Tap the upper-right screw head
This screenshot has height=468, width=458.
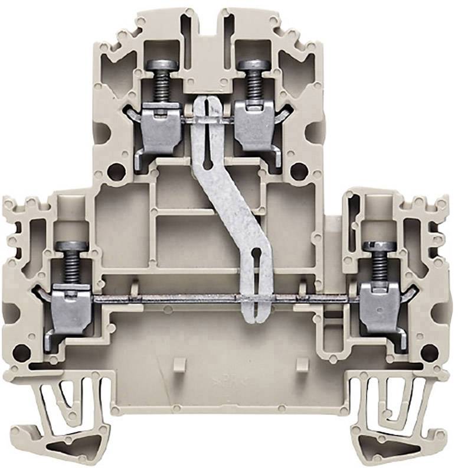(x=254, y=65)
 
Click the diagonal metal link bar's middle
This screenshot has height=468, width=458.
(x=227, y=201)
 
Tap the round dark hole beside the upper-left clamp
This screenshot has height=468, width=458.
(x=117, y=172)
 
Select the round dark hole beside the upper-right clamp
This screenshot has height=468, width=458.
(x=299, y=172)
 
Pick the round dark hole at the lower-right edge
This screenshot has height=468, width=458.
(x=429, y=353)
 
